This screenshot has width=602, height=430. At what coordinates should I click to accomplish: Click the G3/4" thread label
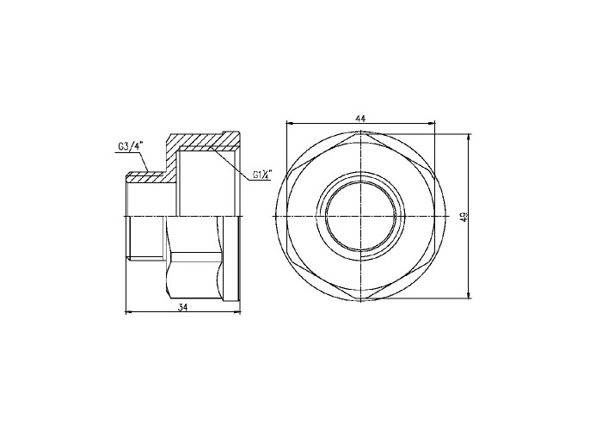[131, 147]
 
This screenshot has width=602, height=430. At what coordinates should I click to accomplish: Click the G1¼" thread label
[262, 175]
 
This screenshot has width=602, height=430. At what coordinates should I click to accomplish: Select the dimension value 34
[182, 307]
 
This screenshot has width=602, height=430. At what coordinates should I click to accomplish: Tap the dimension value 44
[360, 119]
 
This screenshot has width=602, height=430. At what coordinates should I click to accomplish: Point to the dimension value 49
[463, 217]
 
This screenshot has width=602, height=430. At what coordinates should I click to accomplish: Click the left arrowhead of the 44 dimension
[291, 123]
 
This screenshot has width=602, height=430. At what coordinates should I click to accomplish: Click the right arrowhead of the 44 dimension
[431, 123]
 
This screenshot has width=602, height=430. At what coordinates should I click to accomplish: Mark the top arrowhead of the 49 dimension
[469, 138]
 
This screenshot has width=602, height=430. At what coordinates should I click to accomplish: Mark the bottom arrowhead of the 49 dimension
[469, 294]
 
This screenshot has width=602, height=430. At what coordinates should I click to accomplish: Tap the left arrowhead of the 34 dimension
[130, 312]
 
